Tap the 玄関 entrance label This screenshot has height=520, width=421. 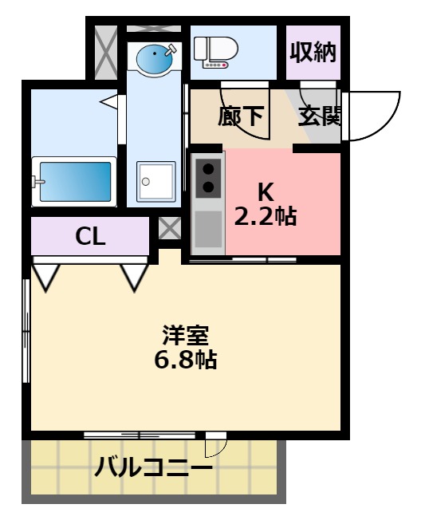coord(320,116)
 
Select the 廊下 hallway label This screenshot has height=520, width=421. coord(240,116)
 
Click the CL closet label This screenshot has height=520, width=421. coord(91,236)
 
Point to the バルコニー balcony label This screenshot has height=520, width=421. coord(154,467)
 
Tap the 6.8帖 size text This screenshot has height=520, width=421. coord(185,359)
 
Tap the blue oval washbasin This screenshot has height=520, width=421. coord(154,57)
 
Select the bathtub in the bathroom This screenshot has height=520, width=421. coord(76,182)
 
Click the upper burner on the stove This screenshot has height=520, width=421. coord(209,168)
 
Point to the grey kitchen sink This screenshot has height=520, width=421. coord(208,229)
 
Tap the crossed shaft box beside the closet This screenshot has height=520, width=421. coord(169,229)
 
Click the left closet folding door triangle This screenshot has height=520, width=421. coord(45,276)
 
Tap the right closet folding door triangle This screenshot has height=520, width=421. coord(134,276)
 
